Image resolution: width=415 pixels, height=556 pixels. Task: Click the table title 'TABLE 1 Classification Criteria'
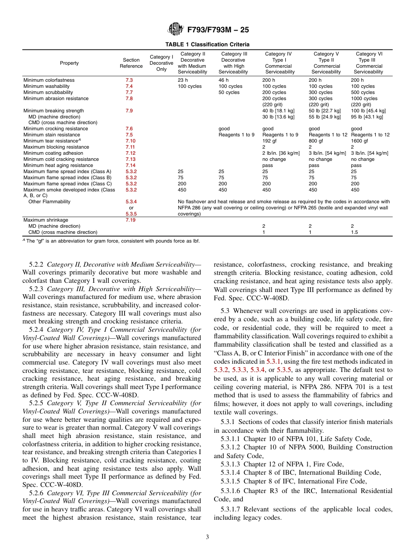click(x=207, y=44)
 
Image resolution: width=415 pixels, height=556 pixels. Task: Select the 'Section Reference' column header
click(x=131, y=63)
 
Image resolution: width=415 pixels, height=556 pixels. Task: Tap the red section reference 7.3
click(x=129, y=80)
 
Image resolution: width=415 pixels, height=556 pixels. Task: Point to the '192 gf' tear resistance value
click(x=270, y=141)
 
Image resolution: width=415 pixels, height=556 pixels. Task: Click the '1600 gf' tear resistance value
click(x=360, y=141)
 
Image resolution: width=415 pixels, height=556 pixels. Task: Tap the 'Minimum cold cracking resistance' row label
click(x=61, y=159)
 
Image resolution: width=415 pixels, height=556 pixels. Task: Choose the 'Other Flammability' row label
click(x=48, y=202)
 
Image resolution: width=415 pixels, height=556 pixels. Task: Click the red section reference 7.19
click(x=130, y=220)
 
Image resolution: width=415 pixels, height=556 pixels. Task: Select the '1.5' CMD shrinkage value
click(x=354, y=232)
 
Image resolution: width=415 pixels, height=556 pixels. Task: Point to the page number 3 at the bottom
click(x=207, y=537)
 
